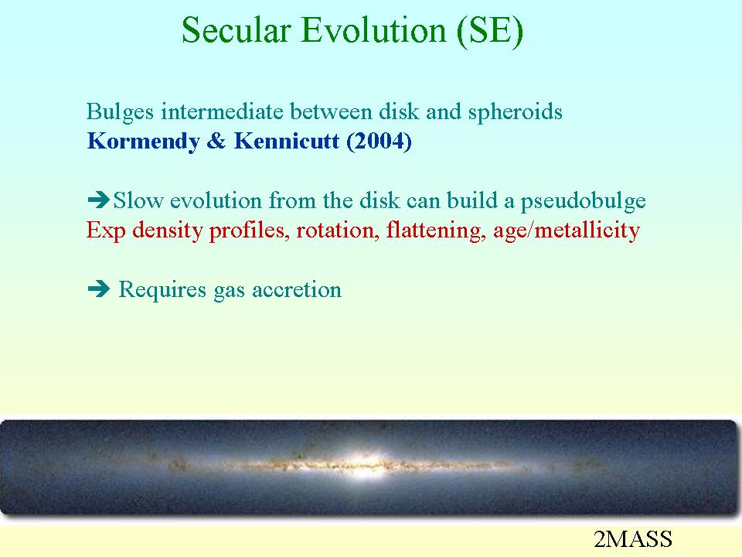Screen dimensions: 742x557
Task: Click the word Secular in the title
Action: (236, 30)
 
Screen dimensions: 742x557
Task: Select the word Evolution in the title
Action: (373, 30)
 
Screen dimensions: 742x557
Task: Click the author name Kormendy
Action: (144, 142)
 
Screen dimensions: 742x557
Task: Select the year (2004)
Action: (379, 142)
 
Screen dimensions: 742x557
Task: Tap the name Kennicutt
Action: (287, 141)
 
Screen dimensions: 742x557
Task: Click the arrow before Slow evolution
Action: (99, 200)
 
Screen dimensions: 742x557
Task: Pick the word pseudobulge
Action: (584, 201)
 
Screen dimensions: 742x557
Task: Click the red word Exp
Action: (106, 231)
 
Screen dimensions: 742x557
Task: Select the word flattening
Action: (436, 231)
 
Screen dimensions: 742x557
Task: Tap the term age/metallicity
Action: (567, 231)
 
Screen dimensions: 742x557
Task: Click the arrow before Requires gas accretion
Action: (99, 289)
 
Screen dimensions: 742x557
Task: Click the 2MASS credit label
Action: (633, 539)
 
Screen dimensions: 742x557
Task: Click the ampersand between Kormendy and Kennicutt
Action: (216, 141)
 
